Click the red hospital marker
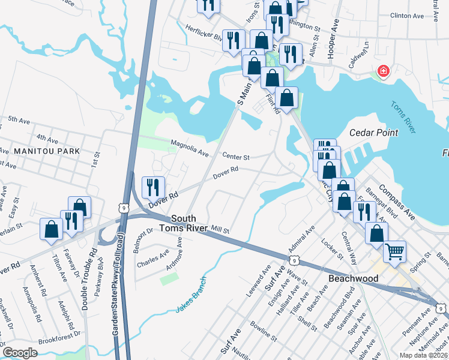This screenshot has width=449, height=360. coord(382,72)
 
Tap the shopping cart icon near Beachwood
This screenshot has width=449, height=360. coord(394,252)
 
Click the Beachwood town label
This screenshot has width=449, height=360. coord(354,279)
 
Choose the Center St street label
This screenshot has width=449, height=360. coord(236,157)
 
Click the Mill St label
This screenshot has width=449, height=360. coord(220,229)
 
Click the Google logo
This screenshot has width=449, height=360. coord(20,352)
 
